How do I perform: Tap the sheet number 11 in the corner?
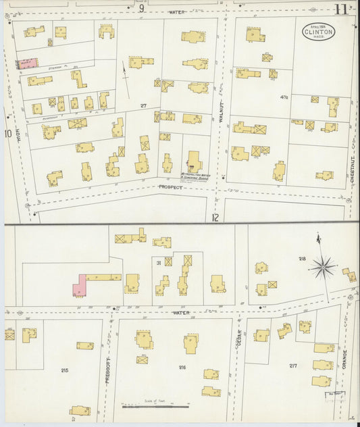point(341,9)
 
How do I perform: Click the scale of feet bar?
point(155,406)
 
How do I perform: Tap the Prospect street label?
point(170,186)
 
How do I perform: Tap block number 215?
point(65,370)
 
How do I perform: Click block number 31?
point(157,263)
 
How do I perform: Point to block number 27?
point(143,106)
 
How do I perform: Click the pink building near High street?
point(27,64)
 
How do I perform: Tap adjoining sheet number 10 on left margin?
point(7,133)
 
